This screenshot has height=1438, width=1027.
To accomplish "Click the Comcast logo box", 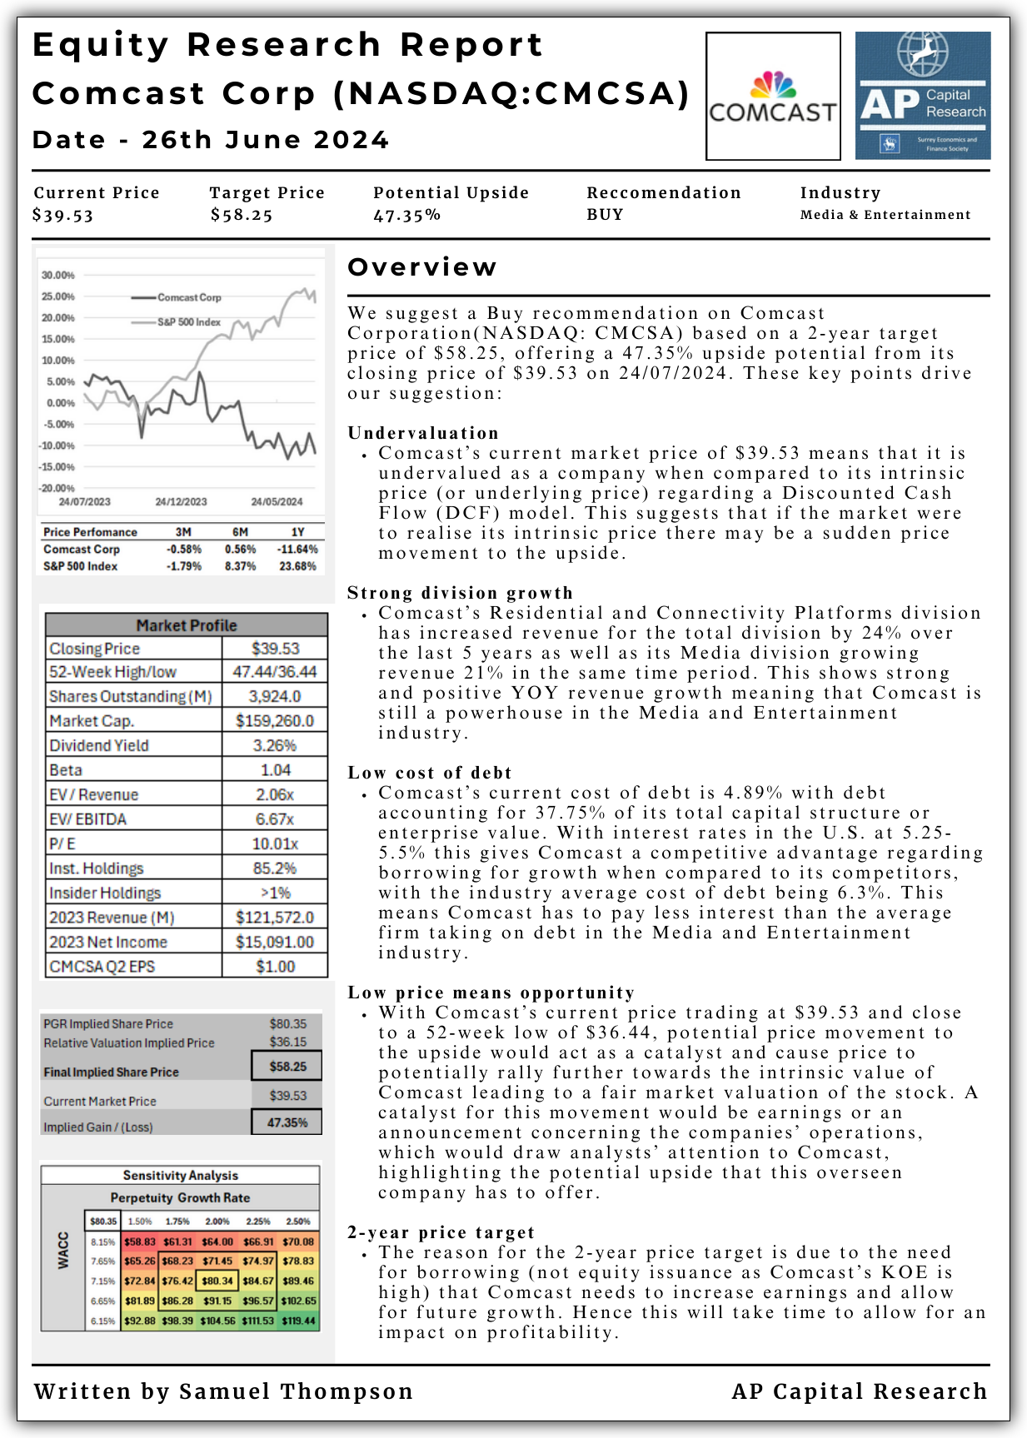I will [772, 96].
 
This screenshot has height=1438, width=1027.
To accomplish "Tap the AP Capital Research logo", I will [923, 96].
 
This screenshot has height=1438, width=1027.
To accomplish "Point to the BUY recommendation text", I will [605, 215].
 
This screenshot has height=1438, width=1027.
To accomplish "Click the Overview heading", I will [421, 267].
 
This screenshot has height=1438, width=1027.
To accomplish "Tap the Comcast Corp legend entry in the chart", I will [189, 297].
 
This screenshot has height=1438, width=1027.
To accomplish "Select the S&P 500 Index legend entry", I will [189, 322].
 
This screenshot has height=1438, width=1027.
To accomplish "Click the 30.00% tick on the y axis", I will [57, 275].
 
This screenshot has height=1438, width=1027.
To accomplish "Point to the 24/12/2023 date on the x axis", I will [181, 502].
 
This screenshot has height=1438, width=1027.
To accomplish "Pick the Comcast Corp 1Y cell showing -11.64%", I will [297, 550].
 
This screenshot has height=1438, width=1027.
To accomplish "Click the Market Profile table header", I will [186, 625].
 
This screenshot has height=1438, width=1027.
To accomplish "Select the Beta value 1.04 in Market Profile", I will [275, 770].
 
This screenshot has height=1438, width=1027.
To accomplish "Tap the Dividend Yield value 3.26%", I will [275, 745].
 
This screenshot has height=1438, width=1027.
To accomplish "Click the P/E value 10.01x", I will [275, 843].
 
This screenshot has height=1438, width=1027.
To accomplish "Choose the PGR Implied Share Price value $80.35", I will [287, 1024].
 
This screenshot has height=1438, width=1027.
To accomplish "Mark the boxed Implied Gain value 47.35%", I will [287, 1122].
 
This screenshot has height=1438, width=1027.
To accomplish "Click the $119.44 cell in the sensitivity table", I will [298, 1321].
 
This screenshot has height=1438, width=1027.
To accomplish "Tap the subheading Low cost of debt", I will [429, 773].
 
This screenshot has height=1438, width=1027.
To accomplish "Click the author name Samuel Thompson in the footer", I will [296, 1391].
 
